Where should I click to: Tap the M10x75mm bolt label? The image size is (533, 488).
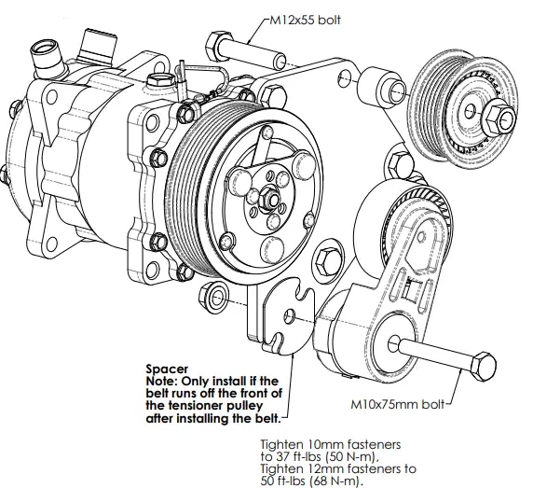pos(392,406)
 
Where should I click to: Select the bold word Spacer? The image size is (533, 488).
pos(164,369)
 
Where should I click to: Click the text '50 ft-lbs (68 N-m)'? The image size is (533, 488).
pos(311,480)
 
